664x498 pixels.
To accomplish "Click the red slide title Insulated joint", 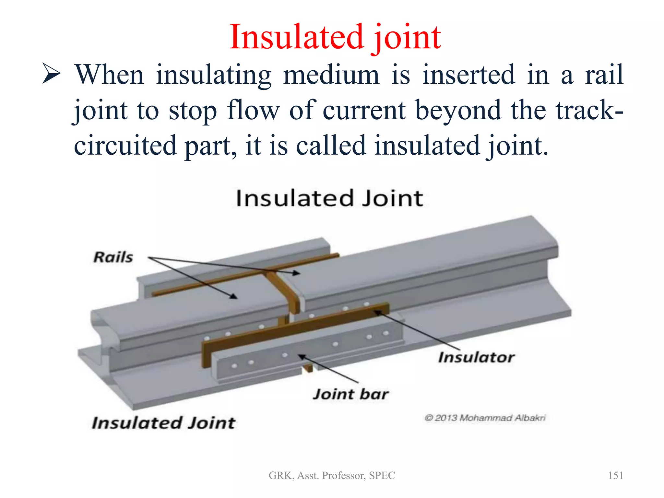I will click(x=335, y=37).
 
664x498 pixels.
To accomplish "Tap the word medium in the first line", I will click(x=331, y=75).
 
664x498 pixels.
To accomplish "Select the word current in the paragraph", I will click(x=364, y=110).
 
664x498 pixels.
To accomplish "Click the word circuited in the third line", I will click(x=125, y=146).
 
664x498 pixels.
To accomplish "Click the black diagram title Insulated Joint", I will click(x=329, y=198).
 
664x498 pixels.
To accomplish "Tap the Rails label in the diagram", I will click(x=113, y=257).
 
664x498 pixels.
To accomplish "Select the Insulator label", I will click(x=476, y=357).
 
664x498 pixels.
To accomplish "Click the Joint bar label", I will click(x=350, y=394).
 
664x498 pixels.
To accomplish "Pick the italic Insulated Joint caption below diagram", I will click(x=164, y=423).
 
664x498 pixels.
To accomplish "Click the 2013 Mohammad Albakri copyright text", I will click(x=485, y=418).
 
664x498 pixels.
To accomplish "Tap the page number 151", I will click(x=615, y=475).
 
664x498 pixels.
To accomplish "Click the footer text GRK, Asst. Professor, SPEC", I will click(x=332, y=475).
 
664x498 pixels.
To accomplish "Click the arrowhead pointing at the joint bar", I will click(x=302, y=356).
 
